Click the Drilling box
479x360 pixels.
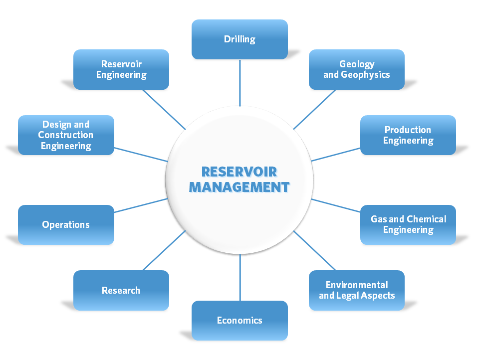[239, 39]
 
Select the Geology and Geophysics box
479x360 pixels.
[356, 69]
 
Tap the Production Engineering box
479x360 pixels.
[408, 135]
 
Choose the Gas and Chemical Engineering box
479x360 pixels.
[408, 224]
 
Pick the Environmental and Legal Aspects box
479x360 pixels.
[356, 290]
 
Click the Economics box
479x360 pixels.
[239, 320]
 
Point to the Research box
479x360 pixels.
[121, 290]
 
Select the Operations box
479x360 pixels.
[66, 224]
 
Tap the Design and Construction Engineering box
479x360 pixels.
[66, 135]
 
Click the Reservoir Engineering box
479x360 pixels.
[121, 69]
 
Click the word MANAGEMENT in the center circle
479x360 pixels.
[239, 187]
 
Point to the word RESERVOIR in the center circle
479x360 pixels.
[239, 172]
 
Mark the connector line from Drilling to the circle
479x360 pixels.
[240, 82]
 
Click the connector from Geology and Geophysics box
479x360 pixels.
[315, 109]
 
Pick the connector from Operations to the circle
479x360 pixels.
[141, 205]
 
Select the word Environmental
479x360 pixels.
[356, 285]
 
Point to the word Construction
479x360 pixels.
[65, 135]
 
